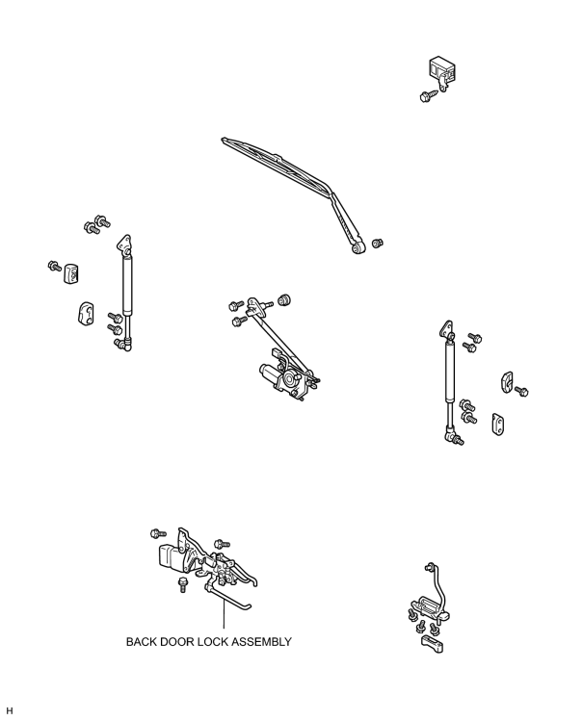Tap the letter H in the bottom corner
click(x=10, y=710)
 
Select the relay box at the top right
click(x=441, y=70)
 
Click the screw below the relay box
click(x=428, y=95)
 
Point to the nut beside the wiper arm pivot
click(x=378, y=243)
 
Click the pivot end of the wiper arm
click(x=358, y=247)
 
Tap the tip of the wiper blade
click(x=224, y=140)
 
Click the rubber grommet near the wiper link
click(x=284, y=299)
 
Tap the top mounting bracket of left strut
click(x=124, y=244)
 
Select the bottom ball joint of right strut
click(x=450, y=433)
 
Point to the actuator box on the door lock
click(x=172, y=557)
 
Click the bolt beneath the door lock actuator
click(x=183, y=584)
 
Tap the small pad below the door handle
click(x=432, y=644)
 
